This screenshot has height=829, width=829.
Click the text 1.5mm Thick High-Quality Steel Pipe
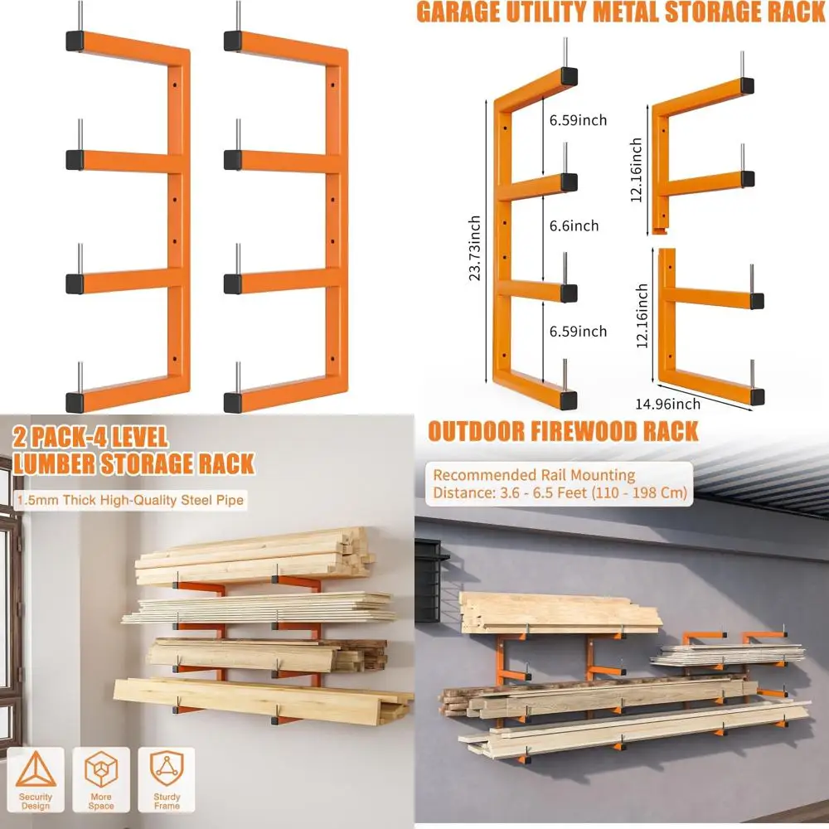[x=130, y=500]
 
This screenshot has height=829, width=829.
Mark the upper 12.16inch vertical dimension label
[x=637, y=171]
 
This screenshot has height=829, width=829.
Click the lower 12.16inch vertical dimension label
[x=642, y=316]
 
